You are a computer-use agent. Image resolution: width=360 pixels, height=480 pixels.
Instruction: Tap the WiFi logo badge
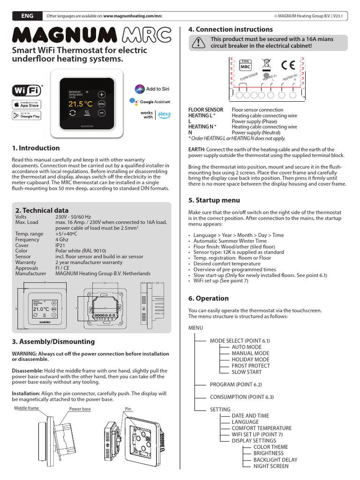pyautogui.click(x=26, y=90)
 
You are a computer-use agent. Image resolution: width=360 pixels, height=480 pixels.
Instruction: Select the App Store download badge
pyautogui.click(x=26, y=104)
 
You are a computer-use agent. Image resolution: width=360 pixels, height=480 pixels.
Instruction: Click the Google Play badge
pyautogui.click(x=26, y=116)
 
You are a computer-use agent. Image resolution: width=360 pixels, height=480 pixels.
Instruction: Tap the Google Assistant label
pyautogui.click(x=155, y=102)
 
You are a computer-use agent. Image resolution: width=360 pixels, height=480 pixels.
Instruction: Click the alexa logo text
pyautogui.click(x=164, y=114)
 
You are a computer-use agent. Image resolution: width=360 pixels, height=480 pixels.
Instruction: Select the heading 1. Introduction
pyautogui.click(x=36, y=148)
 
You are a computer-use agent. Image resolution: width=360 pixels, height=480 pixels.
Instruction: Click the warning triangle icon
pyautogui.click(x=199, y=43)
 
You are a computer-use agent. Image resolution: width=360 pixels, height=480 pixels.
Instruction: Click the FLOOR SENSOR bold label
pyautogui.click(x=205, y=110)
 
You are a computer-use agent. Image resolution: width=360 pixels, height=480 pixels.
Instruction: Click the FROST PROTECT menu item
pyautogui.click(x=250, y=366)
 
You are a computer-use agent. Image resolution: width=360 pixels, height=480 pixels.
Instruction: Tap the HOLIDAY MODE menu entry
pyautogui.click(x=251, y=360)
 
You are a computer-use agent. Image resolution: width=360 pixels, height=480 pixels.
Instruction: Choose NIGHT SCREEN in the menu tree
pyautogui.click(x=271, y=466)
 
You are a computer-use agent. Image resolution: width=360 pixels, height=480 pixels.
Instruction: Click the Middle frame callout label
pyautogui.click(x=26, y=408)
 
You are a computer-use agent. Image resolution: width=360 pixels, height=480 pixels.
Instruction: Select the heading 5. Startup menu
pyautogui.click(x=214, y=201)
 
